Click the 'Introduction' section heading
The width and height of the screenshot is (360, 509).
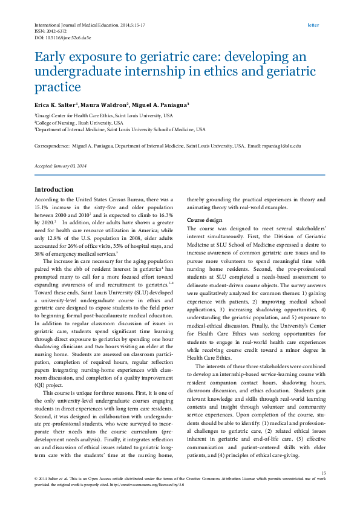click(54, 189)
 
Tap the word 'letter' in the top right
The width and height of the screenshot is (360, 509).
click(313, 25)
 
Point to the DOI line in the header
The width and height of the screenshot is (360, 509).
click(62, 37)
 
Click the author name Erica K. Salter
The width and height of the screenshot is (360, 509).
click(58, 105)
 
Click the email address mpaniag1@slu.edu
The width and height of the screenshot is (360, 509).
click(283, 146)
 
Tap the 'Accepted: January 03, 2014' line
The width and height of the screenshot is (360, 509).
click(61, 166)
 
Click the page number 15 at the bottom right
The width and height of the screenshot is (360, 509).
click(323, 473)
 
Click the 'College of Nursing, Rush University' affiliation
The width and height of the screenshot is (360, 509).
click(79, 122)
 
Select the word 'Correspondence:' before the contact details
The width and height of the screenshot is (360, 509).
click(53, 146)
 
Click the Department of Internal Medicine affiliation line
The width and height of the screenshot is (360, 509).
click(120, 129)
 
